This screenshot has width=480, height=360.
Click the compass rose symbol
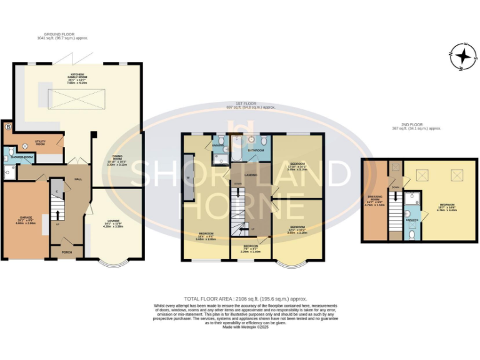coord(463,57)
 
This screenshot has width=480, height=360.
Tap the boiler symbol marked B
coord(7,127)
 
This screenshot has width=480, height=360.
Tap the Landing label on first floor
coord(251,175)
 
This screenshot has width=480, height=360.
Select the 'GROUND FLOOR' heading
coord(55,35)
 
